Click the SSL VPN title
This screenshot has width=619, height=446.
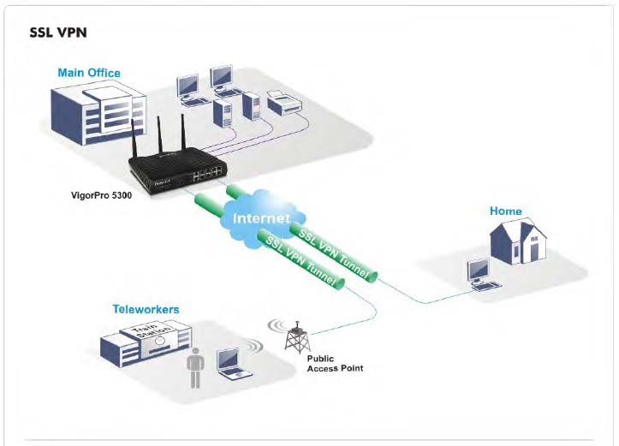pyautogui.click(x=58, y=34)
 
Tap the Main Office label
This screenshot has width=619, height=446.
pyautogui.click(x=89, y=73)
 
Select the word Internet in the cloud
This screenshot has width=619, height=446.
pyautogui.click(x=263, y=217)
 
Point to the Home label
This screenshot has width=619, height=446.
pyautogui.click(x=505, y=211)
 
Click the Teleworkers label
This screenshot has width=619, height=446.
pyautogui.click(x=146, y=308)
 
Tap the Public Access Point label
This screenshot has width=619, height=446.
pyautogui.click(x=335, y=363)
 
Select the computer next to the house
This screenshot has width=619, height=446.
pyautogui.click(x=479, y=273)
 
